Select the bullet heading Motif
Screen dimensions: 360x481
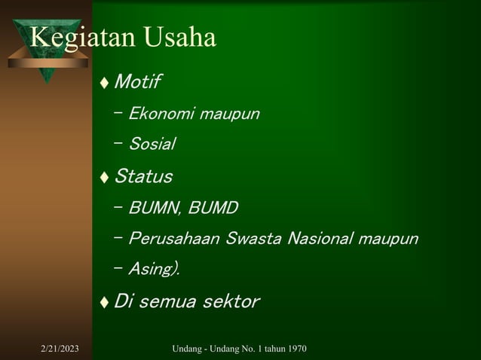(x=137, y=81)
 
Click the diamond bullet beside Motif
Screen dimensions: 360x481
(x=105, y=81)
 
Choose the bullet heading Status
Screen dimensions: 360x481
(x=142, y=177)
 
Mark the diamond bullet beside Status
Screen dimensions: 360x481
(x=105, y=178)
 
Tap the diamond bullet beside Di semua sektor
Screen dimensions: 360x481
(x=105, y=303)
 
